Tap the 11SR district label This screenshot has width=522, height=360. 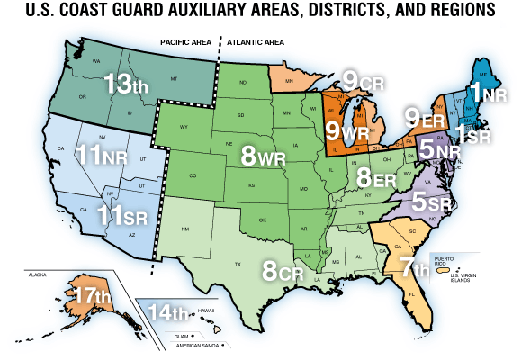click(122, 216)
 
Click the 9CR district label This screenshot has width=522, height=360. click(364, 80)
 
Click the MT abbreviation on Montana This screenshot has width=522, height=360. click(173, 80)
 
